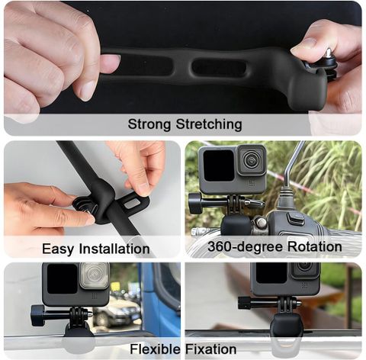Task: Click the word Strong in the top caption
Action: point(149,124)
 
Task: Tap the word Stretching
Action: point(209,124)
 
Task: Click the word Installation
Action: point(114,249)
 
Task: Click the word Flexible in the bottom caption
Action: point(156,349)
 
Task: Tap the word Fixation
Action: point(211,349)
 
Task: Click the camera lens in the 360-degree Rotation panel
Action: point(252,160)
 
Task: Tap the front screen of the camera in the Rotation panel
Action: point(219,166)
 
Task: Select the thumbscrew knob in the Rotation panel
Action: point(194,203)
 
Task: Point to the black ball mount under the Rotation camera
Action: point(236,226)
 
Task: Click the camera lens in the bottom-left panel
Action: point(95,275)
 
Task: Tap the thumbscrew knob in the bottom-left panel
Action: point(37,316)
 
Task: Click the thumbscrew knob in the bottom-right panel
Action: point(244,303)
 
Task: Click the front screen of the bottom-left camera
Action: point(63,278)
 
